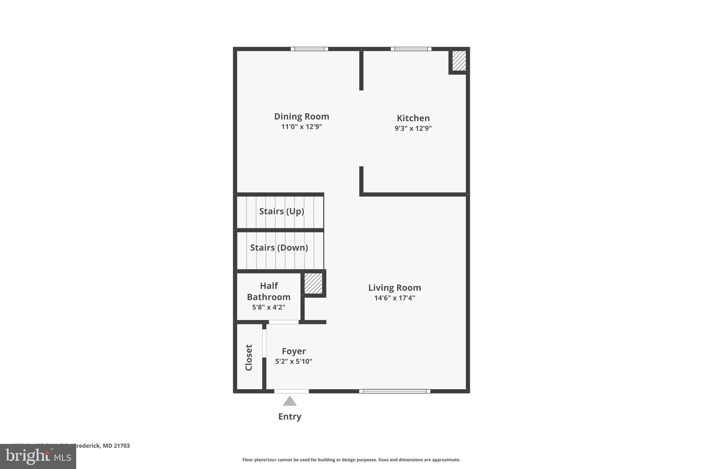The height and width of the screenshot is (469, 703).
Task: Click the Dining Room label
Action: (301, 116)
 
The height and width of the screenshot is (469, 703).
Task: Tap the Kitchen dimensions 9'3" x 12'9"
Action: (413, 129)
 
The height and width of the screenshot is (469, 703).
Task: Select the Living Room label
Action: (394, 288)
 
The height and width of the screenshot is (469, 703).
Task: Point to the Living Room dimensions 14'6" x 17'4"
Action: (394, 298)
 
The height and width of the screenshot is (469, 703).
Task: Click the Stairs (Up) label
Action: (281, 211)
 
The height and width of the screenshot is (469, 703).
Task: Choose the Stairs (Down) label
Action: (279, 247)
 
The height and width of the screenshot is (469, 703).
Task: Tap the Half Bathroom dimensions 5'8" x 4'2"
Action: (268, 307)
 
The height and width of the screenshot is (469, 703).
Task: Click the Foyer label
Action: (293, 351)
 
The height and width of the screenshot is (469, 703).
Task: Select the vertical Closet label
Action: (249, 357)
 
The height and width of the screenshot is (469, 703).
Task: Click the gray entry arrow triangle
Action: (290, 401)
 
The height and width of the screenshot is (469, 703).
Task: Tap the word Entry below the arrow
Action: (290, 416)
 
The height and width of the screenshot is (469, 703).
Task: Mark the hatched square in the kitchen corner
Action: (459, 61)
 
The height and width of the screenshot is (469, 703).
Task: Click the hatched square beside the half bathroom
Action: (313, 283)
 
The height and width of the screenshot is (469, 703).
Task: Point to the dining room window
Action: (309, 49)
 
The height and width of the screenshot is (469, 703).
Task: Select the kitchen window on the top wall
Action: (411, 49)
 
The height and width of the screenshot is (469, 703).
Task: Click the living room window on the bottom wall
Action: (394, 391)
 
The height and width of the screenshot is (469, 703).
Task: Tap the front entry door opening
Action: (291, 391)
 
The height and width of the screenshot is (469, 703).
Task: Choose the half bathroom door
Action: (284, 322)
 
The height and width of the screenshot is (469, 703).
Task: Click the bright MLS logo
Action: (38, 457)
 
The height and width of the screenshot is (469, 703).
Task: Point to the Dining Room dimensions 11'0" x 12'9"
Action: (301, 127)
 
